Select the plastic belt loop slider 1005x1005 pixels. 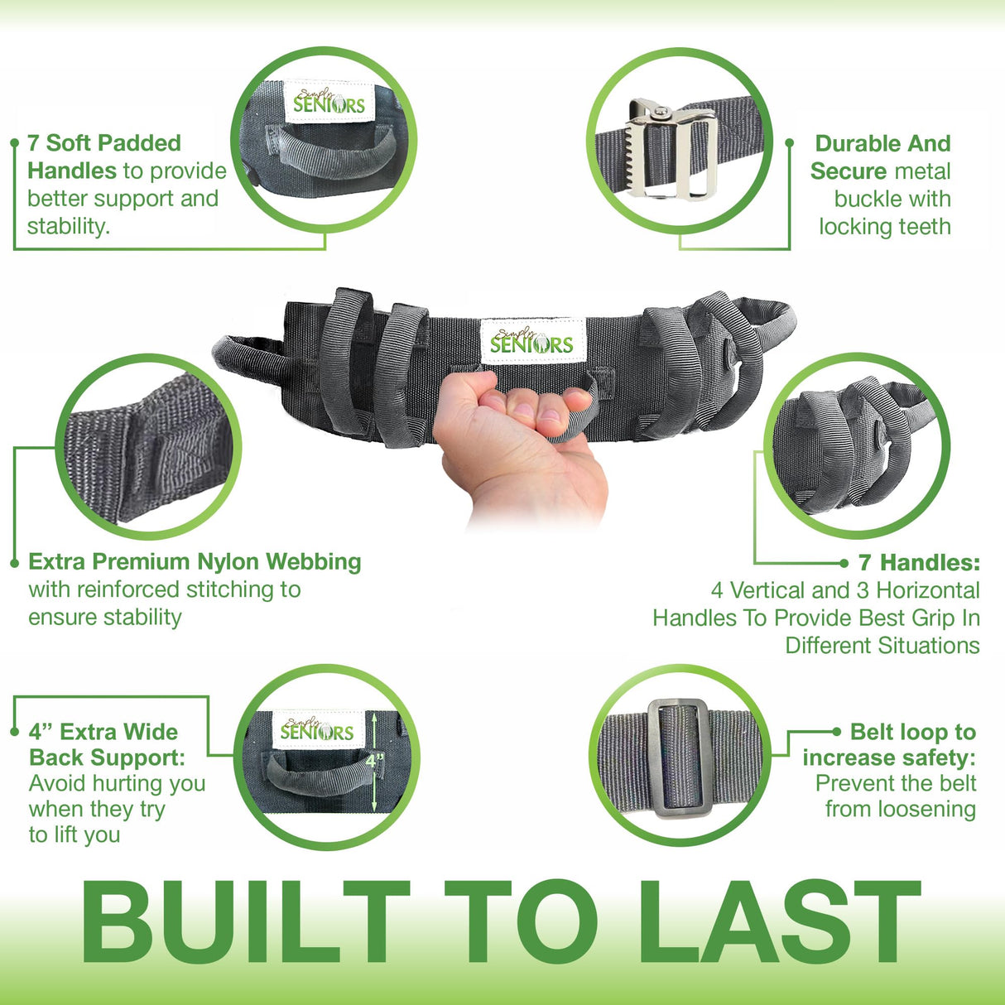(x=678, y=757)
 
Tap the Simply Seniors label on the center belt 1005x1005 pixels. (x=531, y=341)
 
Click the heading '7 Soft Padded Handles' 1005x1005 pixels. (x=103, y=156)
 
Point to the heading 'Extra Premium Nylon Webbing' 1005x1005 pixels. (x=195, y=561)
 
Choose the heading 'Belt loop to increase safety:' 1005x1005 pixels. (x=890, y=744)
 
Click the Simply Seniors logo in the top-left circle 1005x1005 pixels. (x=329, y=103)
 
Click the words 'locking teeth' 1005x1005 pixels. (x=885, y=227)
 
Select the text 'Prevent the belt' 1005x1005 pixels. (x=896, y=783)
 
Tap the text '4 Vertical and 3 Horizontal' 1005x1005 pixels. (x=844, y=590)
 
